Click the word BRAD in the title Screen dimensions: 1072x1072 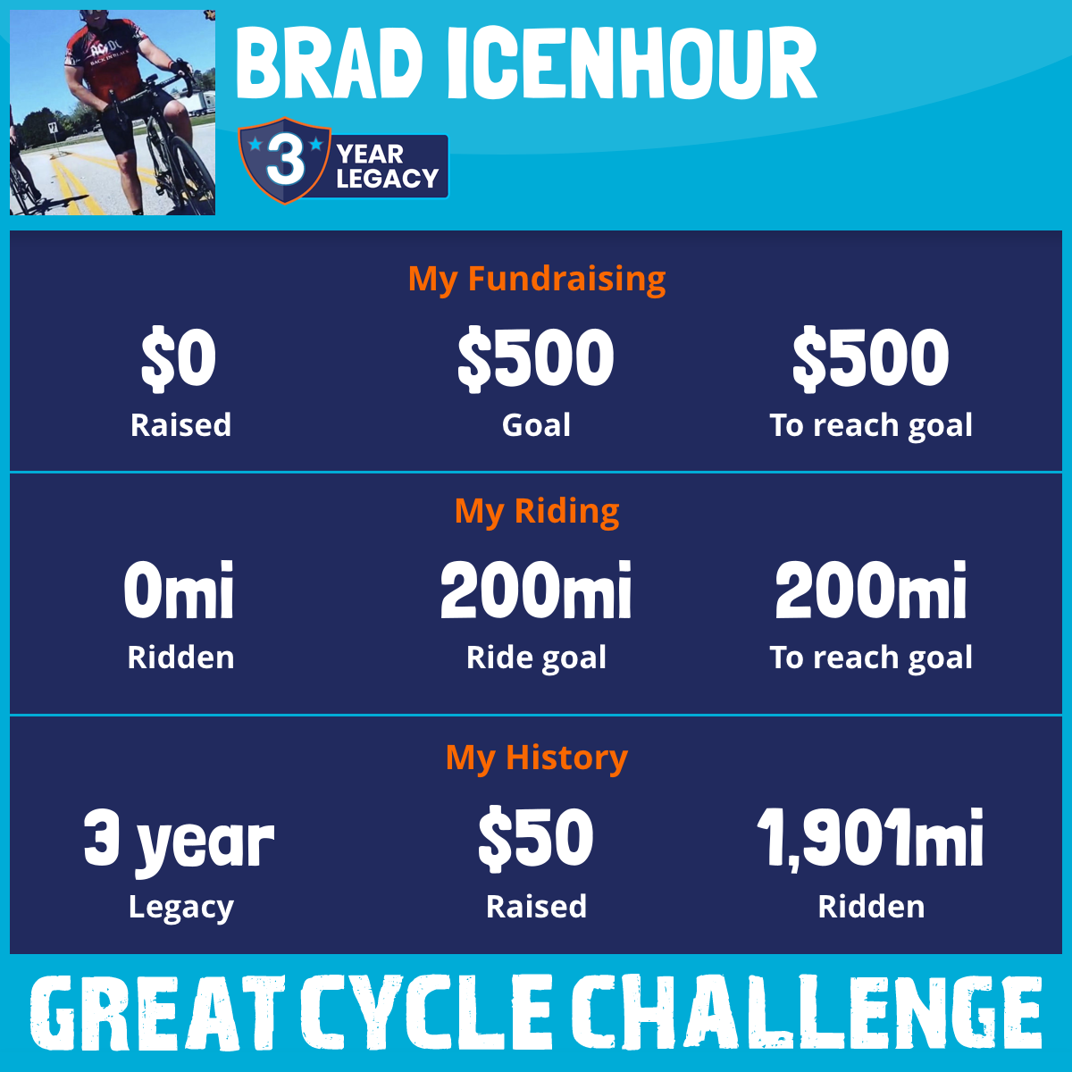coord(330,63)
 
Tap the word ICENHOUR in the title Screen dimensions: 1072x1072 coord(632,63)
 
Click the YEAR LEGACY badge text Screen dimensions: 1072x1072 coord(387,166)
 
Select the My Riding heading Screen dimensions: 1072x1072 coord(537,511)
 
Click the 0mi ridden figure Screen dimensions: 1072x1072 coord(179,590)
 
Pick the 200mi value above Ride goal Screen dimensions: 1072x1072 coord(536,590)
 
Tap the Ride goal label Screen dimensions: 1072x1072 coord(536,658)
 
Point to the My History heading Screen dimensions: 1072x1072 coord(537,758)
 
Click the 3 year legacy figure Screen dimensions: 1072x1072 coord(179,841)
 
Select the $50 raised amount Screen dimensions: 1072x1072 coord(536,838)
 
